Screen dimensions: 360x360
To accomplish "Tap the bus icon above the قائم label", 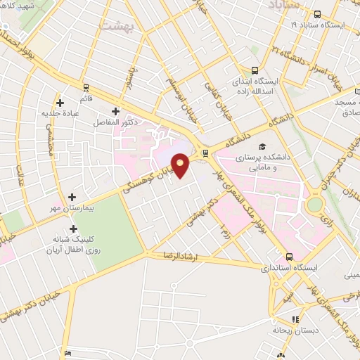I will click(86, 88).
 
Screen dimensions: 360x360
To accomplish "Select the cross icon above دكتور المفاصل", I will click(115, 111).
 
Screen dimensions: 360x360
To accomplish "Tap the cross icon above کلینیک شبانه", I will click(74, 229).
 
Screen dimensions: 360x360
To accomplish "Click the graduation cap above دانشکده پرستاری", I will click(262, 146).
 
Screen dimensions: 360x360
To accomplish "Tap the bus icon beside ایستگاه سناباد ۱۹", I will click(318, 14).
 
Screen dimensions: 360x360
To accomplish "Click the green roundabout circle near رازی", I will click(315, 204).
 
